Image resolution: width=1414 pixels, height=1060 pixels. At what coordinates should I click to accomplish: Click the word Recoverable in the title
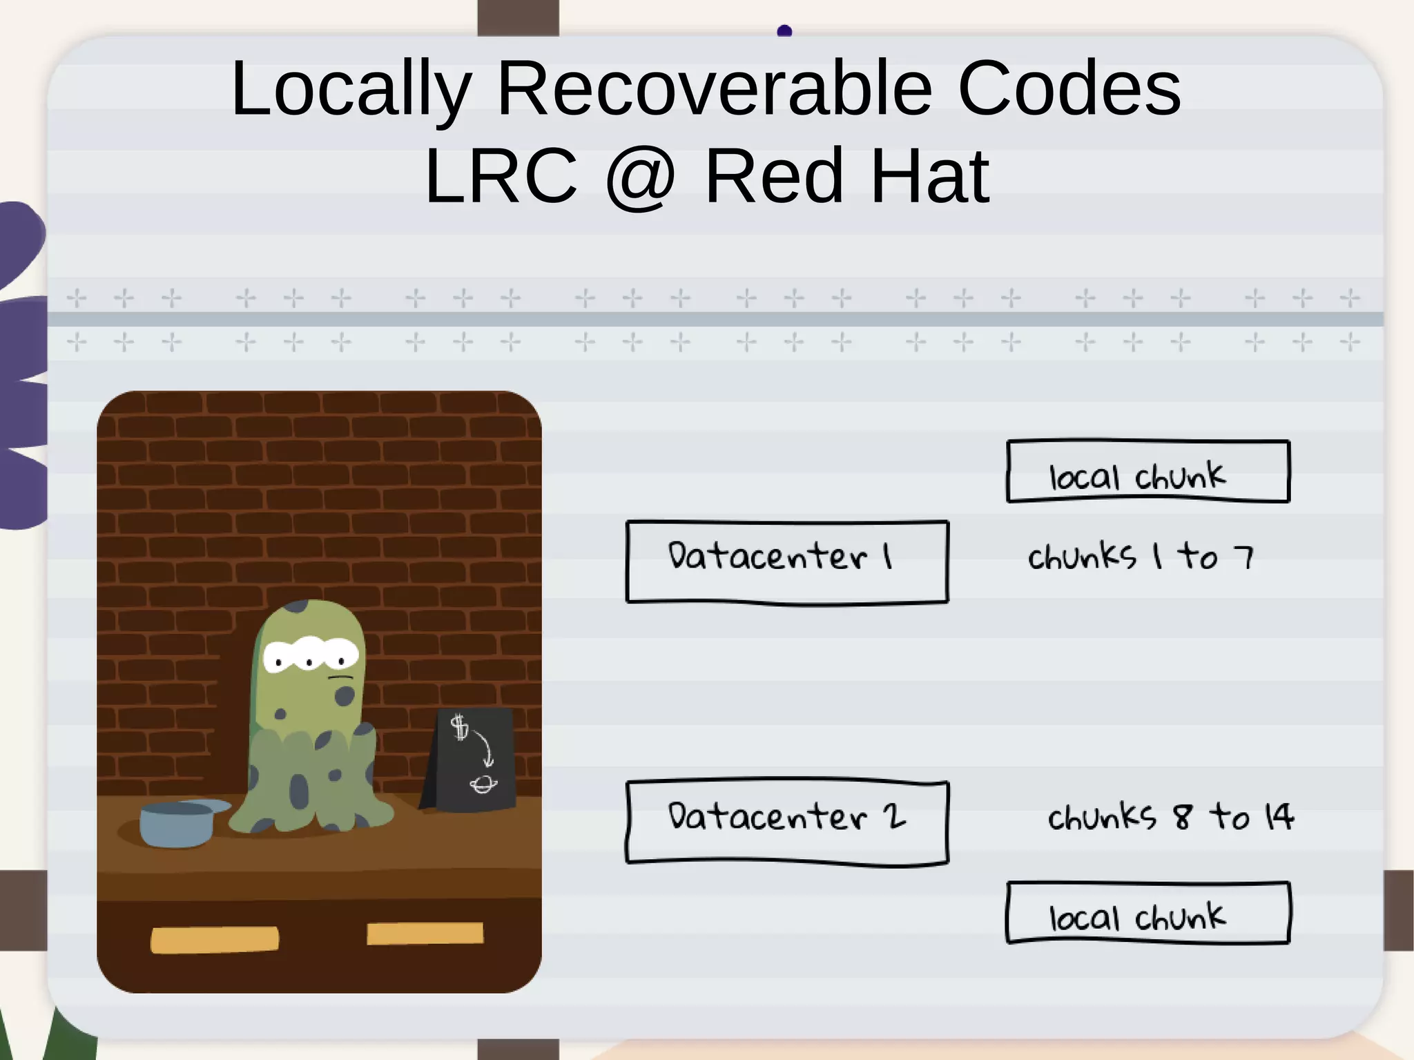715,88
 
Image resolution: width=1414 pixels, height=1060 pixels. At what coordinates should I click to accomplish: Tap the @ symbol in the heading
640,177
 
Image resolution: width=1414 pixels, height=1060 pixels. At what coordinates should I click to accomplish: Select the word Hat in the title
930,177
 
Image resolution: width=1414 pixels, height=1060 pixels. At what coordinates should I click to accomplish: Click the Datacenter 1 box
787,561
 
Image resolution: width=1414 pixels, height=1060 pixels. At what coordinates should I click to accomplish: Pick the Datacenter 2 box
787,821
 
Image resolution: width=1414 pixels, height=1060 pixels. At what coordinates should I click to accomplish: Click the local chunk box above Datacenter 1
1147,472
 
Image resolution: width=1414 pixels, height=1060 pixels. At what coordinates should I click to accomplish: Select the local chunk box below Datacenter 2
1147,912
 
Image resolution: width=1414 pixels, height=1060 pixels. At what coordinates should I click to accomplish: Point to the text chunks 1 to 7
1141,557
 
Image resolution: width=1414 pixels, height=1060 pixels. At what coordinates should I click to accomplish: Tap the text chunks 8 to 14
1170,817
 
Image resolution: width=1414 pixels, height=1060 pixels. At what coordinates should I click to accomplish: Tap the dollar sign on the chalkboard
459,727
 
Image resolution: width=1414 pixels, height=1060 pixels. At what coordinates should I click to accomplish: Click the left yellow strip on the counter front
215,939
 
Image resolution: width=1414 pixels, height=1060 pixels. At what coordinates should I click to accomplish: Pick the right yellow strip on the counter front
425,934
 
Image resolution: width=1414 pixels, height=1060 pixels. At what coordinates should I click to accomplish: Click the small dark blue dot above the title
784,31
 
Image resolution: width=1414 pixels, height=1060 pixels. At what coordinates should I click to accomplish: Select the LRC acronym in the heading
501,177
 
